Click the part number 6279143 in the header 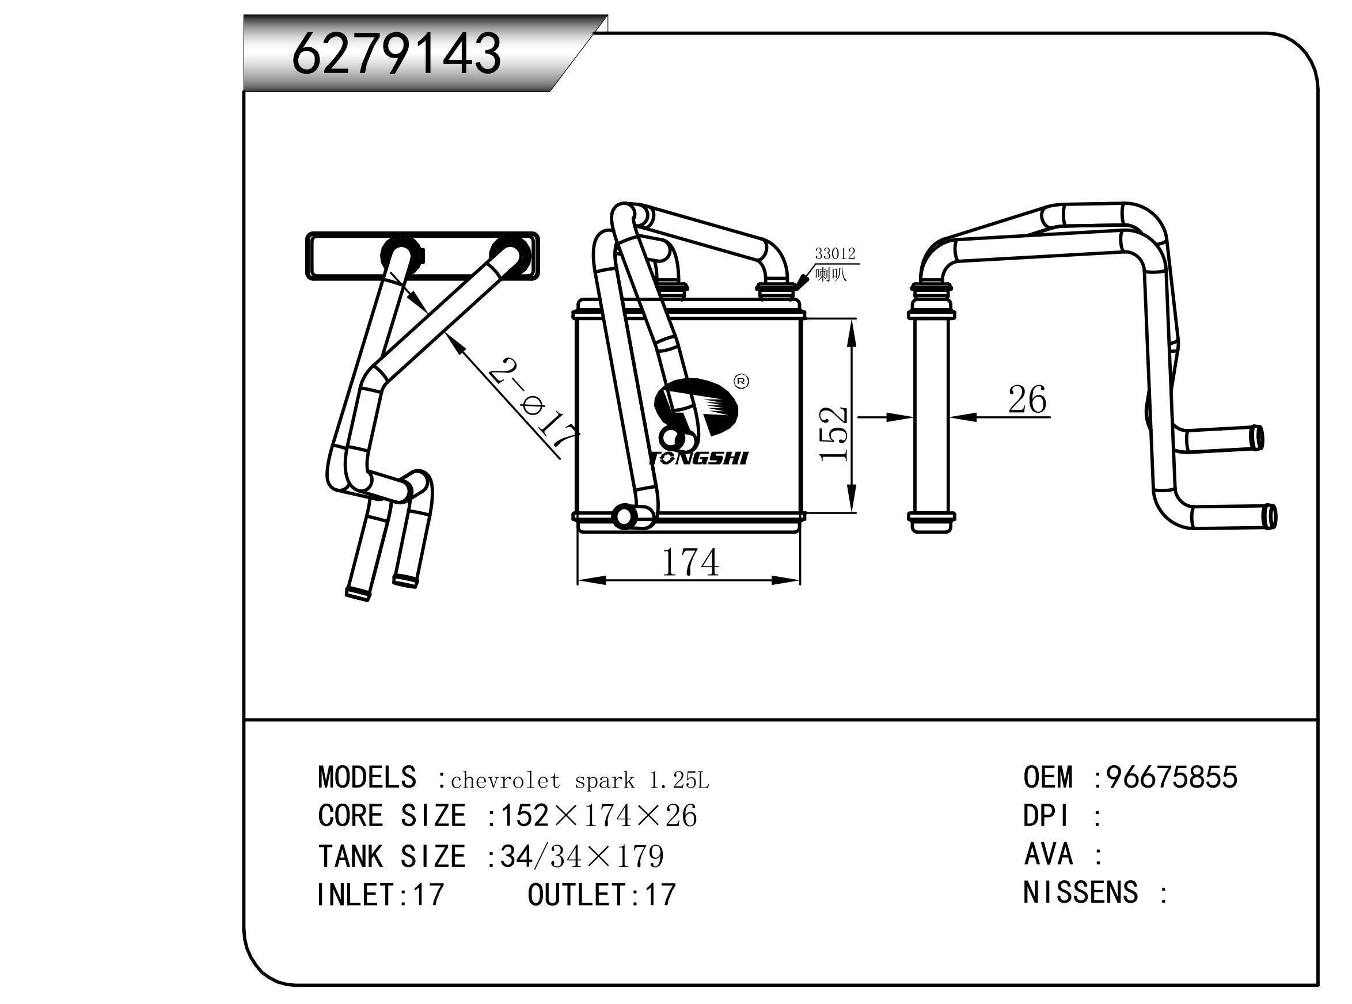pos(396,54)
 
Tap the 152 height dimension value pos(833,433)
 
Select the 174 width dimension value pos(689,562)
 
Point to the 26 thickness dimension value pos(1027,400)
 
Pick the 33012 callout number pos(835,253)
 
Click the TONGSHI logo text pos(698,458)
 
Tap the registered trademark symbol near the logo pos(742,382)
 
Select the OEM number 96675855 pos(1171,777)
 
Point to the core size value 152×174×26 pos(598,816)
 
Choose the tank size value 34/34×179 pos(582,856)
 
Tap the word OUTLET pos(576,895)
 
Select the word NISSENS pos(1080,893)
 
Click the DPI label pos(1046,816)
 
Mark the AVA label pos(1048,854)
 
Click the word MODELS pos(367,777)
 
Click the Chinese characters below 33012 pos(830,275)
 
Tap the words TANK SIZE pos(392,856)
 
